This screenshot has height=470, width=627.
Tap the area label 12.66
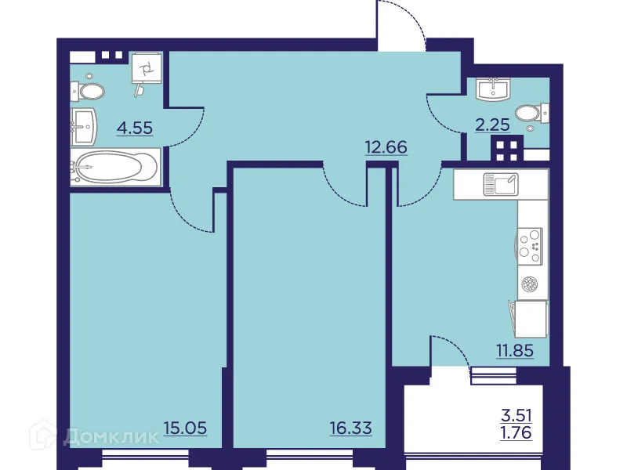pos(386,146)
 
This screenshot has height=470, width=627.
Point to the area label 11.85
pos(514,350)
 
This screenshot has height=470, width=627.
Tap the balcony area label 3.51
pos(516,414)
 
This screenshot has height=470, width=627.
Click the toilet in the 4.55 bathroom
pos(89,92)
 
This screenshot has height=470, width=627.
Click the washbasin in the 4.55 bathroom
pos(84,124)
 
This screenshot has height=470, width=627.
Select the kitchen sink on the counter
pos(500,185)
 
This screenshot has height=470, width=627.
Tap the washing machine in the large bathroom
pos(147,69)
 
